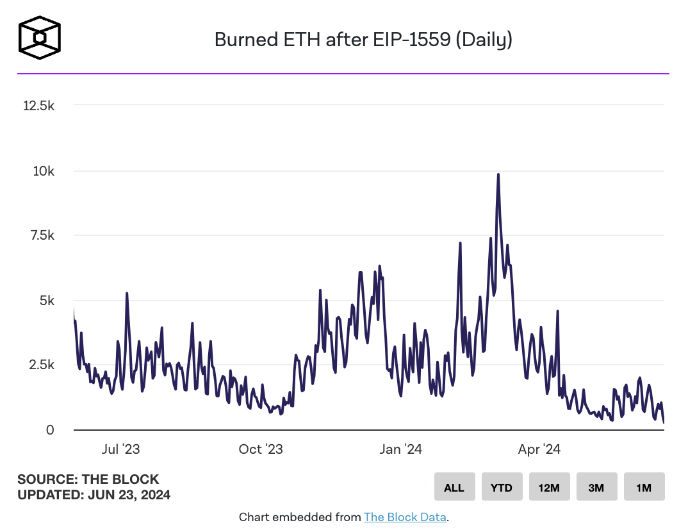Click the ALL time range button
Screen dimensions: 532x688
click(454, 488)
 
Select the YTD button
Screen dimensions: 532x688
click(502, 488)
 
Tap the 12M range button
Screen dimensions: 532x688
click(549, 488)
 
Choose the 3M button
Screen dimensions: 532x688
click(596, 488)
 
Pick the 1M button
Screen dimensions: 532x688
click(644, 488)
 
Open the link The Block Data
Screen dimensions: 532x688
click(405, 517)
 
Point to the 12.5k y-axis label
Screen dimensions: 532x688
click(39, 106)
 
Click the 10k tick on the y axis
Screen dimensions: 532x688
click(44, 171)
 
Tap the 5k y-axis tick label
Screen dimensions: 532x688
click(47, 301)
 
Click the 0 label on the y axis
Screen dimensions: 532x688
click(50, 430)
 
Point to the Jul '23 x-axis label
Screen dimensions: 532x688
click(121, 449)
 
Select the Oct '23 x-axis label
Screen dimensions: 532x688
click(261, 449)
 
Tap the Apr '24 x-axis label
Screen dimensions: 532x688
click(539, 449)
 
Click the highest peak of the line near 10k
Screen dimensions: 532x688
click(498, 174)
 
